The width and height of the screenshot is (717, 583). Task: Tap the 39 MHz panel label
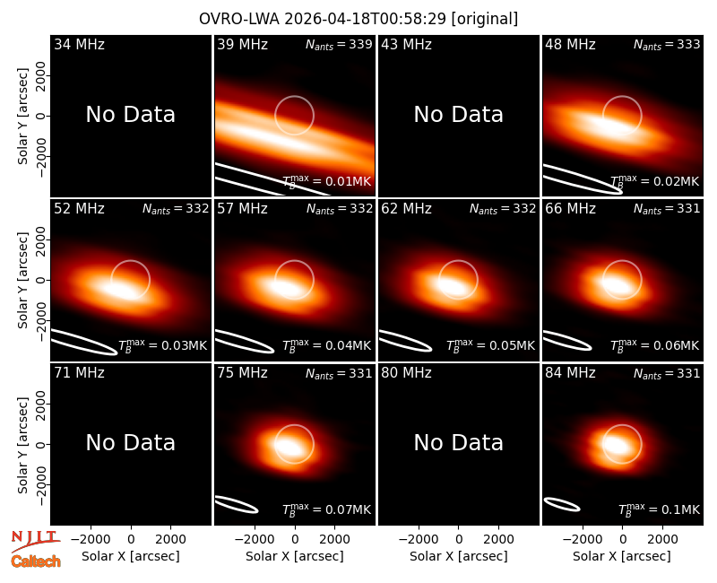(x=242, y=44)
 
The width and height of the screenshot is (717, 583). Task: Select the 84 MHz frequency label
(x=570, y=373)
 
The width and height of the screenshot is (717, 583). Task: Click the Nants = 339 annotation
(x=339, y=44)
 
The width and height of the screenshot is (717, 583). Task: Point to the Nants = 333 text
(x=667, y=44)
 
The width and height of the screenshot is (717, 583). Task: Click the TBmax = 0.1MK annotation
(x=659, y=509)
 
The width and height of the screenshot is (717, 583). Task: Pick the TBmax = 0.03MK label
(x=163, y=345)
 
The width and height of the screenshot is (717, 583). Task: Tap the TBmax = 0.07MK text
(x=326, y=509)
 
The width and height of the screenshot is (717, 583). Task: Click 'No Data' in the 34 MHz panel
(x=130, y=115)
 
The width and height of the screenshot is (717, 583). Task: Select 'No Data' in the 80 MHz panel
(x=459, y=443)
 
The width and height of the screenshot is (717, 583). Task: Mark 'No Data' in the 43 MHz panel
(x=459, y=115)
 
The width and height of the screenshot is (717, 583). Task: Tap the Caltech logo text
(x=36, y=561)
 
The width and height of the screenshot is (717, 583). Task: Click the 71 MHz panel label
(x=79, y=373)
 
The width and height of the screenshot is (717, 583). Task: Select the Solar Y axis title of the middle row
(x=23, y=280)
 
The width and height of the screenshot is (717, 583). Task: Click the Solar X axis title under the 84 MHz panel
(x=622, y=556)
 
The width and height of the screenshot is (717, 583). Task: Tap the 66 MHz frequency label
(x=570, y=209)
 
